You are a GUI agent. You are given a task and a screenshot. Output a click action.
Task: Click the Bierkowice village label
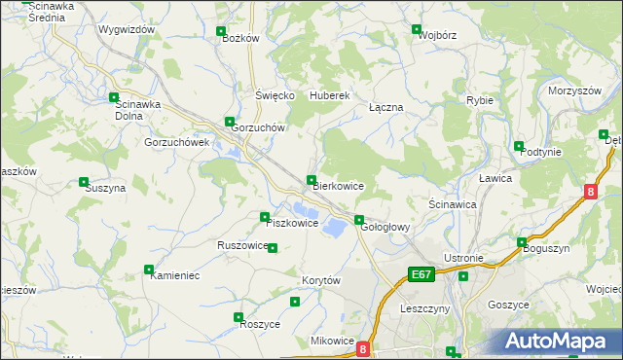click(338, 186)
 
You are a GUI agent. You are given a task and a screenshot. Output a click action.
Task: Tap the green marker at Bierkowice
click(311, 179)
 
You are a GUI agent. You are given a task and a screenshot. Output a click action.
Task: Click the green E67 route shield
click(421, 275)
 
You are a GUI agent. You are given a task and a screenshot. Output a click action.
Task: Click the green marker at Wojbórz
click(417, 29)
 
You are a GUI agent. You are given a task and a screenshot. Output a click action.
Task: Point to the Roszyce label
click(260, 324)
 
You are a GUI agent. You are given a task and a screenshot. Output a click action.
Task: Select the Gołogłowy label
click(386, 228)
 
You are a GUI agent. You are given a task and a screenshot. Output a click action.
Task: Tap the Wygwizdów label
click(127, 30)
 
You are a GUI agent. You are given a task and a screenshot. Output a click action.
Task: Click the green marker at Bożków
click(221, 31)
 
